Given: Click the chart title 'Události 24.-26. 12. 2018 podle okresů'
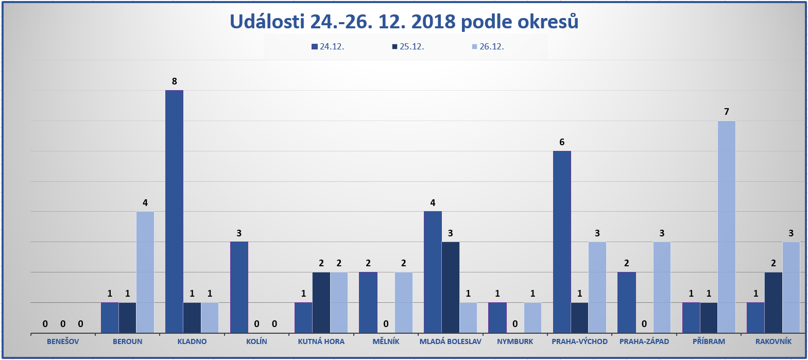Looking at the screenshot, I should [404, 22].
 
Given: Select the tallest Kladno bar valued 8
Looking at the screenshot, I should [174, 211].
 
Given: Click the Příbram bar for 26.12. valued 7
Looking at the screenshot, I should [726, 227].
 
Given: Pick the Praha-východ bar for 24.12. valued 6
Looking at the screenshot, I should [562, 242].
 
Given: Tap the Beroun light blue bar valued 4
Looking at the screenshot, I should [145, 272].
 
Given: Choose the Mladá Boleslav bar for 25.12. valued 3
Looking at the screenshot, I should [450, 287].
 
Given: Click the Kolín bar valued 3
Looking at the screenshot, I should [239, 287].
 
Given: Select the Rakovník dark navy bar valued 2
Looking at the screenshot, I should [773, 302].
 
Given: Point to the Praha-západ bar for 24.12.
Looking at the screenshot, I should [626, 302].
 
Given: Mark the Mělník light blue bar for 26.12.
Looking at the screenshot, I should [403, 302].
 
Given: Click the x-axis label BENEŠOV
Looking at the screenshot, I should [63, 341].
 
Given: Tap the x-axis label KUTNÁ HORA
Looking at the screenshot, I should [321, 341].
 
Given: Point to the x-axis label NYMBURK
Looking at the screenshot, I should [515, 341].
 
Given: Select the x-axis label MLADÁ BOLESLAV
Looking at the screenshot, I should [450, 341].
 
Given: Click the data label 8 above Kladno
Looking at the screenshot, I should [175, 81].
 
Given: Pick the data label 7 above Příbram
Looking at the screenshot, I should [727, 112].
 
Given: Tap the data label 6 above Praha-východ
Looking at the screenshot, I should [562, 142].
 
